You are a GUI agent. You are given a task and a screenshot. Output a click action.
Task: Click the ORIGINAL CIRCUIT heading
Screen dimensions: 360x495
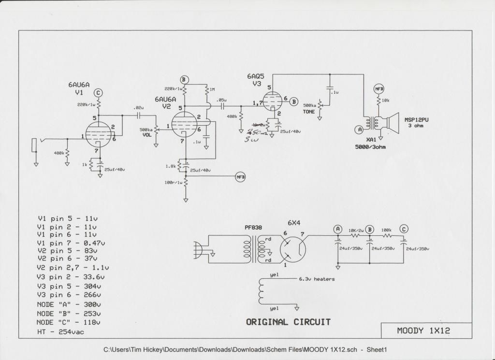tap(288, 322)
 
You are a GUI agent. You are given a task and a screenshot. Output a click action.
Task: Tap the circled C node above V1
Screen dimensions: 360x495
tap(98, 92)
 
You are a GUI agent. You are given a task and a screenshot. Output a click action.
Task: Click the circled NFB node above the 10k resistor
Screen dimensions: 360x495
tap(379, 89)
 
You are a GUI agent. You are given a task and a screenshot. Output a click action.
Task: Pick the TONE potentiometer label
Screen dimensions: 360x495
tap(309, 112)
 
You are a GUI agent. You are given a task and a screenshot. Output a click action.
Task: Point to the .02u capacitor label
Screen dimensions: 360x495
tap(138, 108)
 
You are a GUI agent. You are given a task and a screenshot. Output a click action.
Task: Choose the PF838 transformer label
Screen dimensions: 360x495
tap(249, 227)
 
